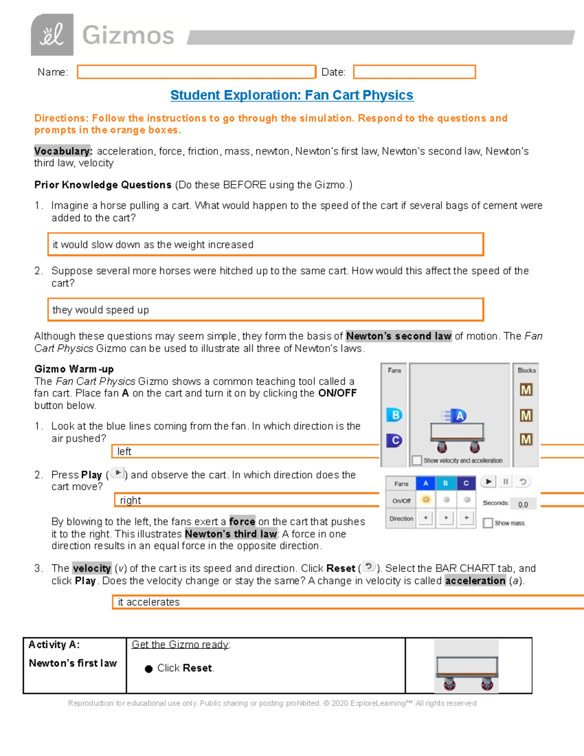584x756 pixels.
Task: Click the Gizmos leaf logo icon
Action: click(x=52, y=35)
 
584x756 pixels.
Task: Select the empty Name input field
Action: click(x=196, y=72)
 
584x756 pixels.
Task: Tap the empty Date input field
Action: click(x=414, y=72)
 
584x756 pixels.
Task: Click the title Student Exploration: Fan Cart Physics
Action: click(x=292, y=95)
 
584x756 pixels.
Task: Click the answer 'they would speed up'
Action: click(x=101, y=310)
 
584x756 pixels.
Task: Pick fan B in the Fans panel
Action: click(x=394, y=415)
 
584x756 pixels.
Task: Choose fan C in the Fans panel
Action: click(x=394, y=441)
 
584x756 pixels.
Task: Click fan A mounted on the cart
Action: click(x=458, y=416)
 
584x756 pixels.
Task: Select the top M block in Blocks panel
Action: click(x=526, y=390)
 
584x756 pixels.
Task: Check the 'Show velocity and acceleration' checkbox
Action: click(x=417, y=460)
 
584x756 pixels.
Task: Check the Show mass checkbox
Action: click(x=488, y=523)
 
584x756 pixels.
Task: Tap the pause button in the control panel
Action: click(x=506, y=481)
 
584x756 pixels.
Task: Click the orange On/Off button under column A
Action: click(x=426, y=500)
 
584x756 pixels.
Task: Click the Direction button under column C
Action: click(x=466, y=518)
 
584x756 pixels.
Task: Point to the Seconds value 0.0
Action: click(x=523, y=504)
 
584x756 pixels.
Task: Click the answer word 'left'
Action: click(x=124, y=452)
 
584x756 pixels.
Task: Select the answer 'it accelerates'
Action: click(x=149, y=602)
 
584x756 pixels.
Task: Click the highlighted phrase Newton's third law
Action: click(x=231, y=534)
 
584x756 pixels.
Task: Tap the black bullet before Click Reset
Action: click(x=149, y=669)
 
